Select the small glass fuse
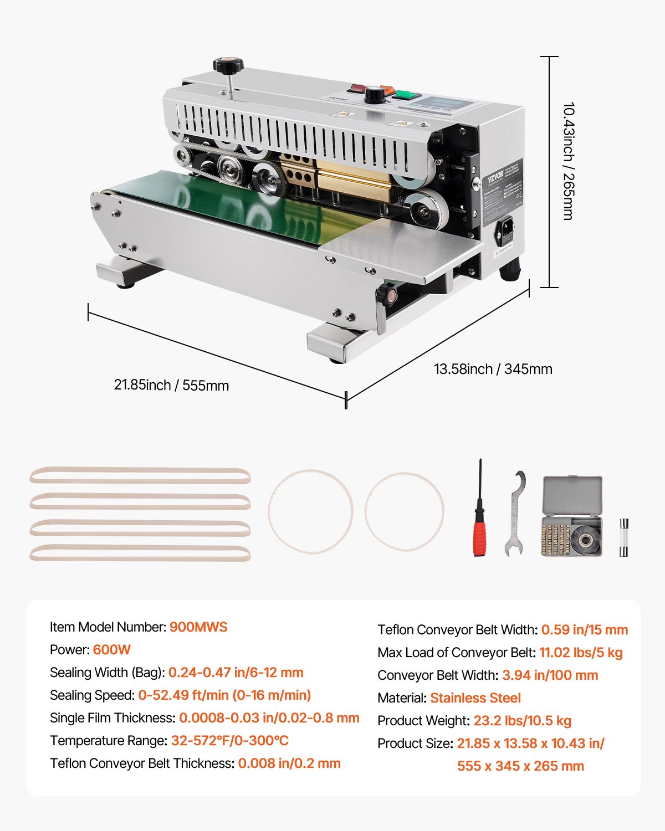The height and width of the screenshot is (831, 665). point(623,537)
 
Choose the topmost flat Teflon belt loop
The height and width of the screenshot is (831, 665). point(140,476)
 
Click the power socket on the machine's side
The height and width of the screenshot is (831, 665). point(506,232)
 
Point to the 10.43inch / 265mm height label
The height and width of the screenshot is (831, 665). point(569,161)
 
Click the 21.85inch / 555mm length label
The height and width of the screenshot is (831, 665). point(171,385)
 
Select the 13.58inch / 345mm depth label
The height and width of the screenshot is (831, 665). point(493,369)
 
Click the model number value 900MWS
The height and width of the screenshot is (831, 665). point(198,627)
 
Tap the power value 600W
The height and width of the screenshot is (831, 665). point(112,650)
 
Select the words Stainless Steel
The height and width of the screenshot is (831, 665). point(475,698)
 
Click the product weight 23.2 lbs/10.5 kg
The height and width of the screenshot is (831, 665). point(522,721)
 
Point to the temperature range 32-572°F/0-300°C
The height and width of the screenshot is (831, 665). point(229,741)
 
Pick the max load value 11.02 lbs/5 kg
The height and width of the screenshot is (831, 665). point(581,653)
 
